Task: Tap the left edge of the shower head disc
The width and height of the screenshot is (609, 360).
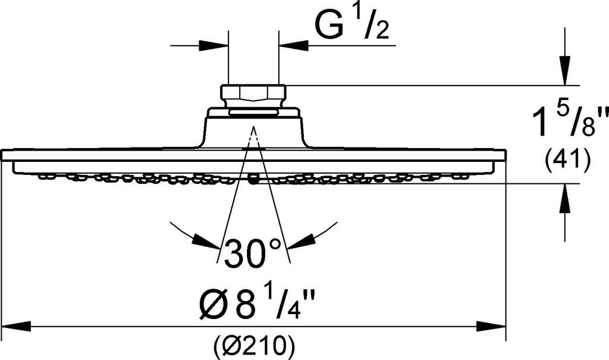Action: click(4, 156)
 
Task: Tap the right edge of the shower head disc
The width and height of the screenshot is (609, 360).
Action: click(505, 156)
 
